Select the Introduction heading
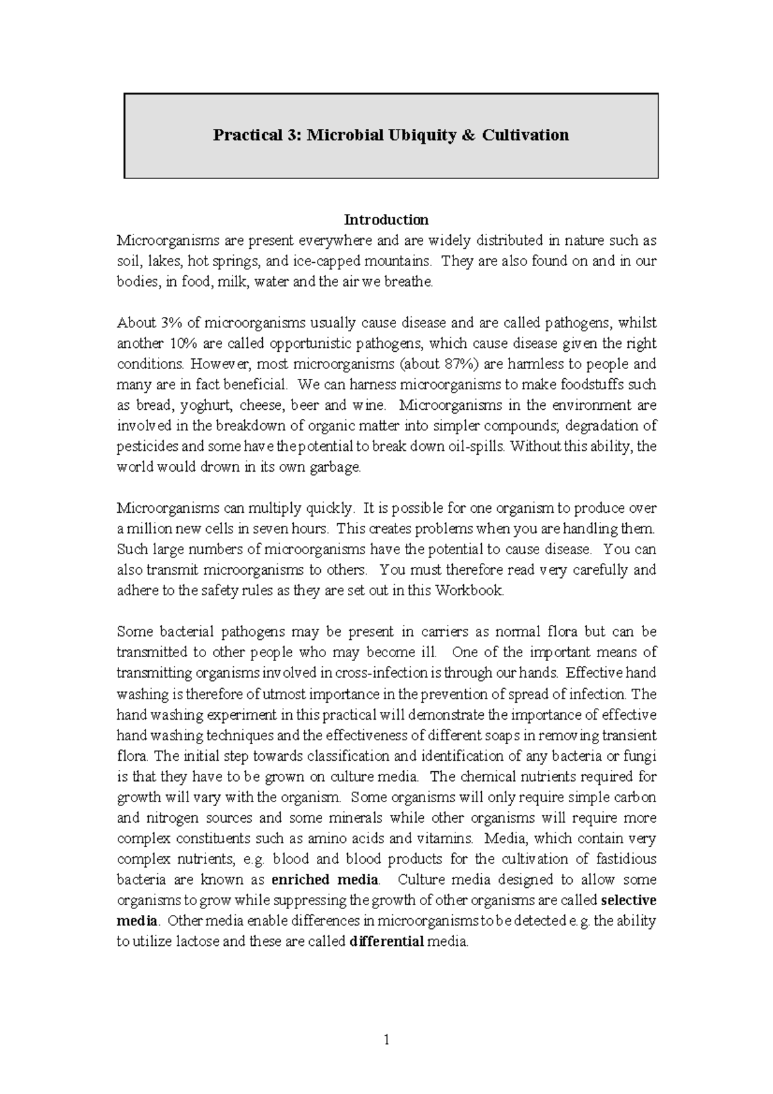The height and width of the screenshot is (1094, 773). point(386,220)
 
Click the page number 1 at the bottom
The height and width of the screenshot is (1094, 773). point(386,1039)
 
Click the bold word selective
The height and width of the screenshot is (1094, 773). point(628,900)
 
